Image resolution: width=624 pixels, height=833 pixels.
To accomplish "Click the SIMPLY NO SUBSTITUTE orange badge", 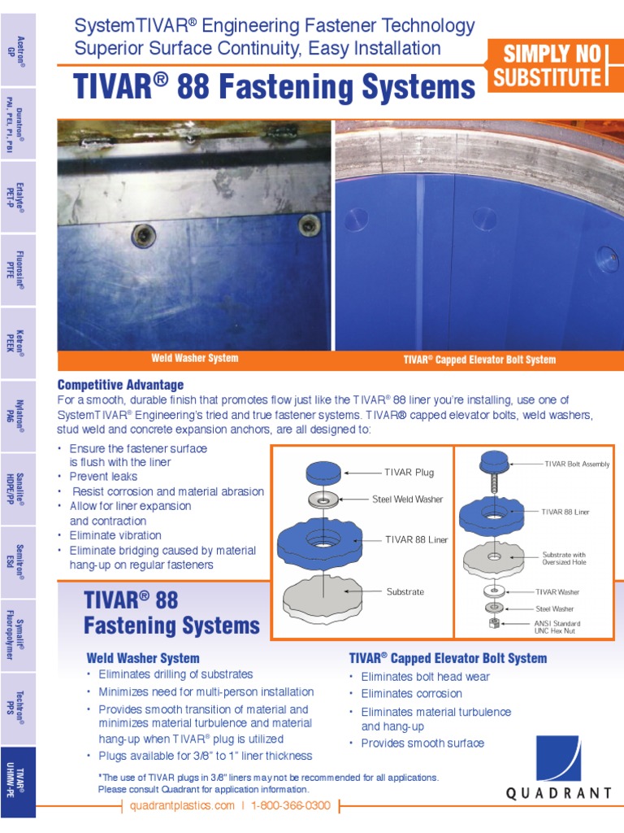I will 552,66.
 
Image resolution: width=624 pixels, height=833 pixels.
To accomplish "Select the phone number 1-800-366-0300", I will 292,805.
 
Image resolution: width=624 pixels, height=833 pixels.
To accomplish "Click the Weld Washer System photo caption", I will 195,359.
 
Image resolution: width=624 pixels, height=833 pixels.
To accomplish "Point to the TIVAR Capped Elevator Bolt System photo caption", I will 479,360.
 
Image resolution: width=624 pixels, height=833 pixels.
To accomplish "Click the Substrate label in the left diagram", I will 405,591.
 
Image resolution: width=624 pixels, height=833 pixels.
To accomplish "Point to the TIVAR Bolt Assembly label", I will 577,464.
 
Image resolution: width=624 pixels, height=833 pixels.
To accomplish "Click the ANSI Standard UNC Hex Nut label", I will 557,628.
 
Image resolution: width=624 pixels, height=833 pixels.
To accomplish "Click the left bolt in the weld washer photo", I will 142,235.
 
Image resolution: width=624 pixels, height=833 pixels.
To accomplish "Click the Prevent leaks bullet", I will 103,477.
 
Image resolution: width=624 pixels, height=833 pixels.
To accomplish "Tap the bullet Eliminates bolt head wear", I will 425,677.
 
